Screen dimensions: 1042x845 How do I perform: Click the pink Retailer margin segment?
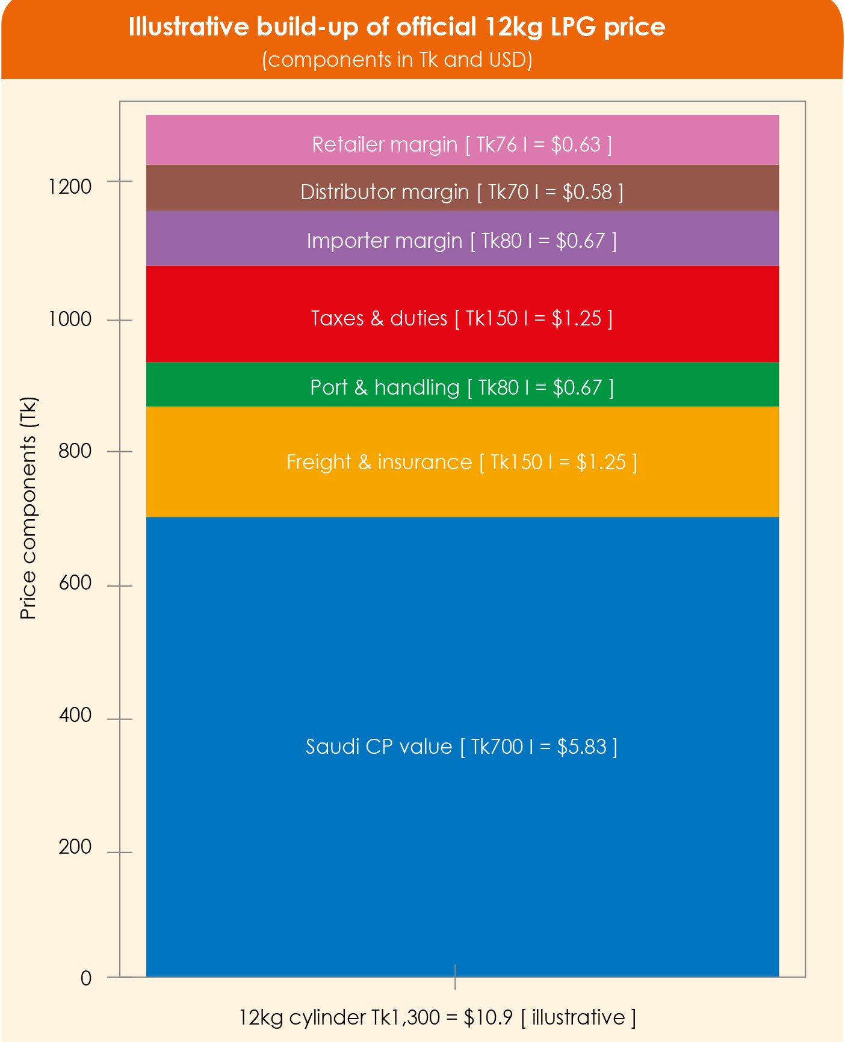click(462, 140)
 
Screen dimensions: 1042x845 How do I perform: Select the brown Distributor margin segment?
click(462, 188)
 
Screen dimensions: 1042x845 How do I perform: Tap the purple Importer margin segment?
click(462, 238)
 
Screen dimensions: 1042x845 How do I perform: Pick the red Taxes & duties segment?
click(462, 314)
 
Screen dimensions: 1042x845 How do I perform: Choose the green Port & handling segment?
click(462, 385)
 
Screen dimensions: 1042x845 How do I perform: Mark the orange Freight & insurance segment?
click(462, 462)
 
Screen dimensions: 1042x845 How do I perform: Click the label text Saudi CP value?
click(379, 747)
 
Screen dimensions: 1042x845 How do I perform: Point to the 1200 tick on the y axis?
click(70, 187)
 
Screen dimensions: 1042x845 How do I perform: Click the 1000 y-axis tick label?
click(70, 319)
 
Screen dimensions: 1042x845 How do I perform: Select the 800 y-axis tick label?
click(75, 451)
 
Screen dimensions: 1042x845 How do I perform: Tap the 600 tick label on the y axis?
click(75, 583)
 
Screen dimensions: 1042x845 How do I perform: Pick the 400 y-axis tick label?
click(75, 715)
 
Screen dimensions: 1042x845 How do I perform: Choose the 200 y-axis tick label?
click(75, 847)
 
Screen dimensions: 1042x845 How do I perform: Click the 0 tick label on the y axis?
click(86, 978)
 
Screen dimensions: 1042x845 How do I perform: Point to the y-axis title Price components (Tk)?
click(28, 508)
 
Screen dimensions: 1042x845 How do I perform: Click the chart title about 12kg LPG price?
click(397, 27)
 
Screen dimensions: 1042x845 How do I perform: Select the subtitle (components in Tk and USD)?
click(397, 60)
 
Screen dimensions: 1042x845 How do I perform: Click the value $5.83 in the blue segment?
click(581, 747)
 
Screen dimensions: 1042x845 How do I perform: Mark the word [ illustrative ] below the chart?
click(578, 1017)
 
